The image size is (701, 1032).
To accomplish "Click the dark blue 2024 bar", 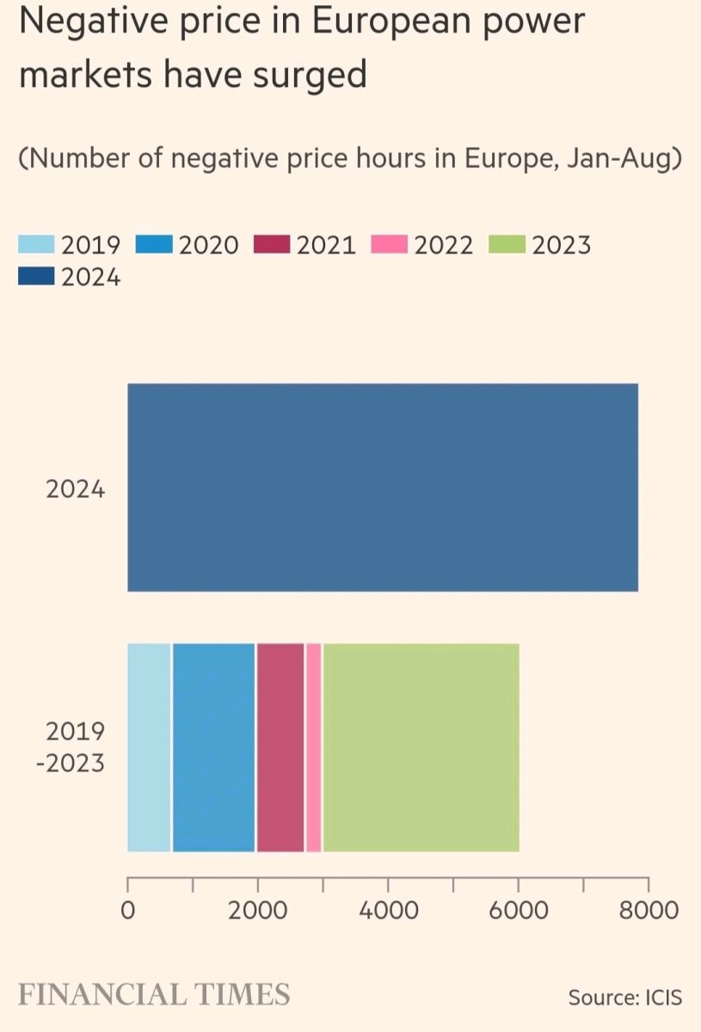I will (x=383, y=488).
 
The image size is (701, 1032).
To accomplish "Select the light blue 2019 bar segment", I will (x=149, y=747).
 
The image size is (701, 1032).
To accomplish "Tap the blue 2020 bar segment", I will (x=213, y=747).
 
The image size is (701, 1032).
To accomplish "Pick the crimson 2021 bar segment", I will (x=280, y=747).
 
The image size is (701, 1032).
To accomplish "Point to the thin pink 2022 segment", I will (x=314, y=747).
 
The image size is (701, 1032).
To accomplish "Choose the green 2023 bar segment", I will (x=421, y=747).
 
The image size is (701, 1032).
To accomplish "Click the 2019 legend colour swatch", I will (x=36, y=245).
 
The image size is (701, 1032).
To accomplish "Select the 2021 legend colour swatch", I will (x=272, y=245).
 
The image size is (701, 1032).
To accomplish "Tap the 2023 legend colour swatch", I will (x=507, y=245).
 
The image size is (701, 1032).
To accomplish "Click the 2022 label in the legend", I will (x=444, y=245).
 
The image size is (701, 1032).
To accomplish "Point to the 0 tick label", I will (x=127, y=909).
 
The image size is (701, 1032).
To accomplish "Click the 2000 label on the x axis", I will (x=257, y=909).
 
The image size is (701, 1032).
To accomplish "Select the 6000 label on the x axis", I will (x=518, y=909).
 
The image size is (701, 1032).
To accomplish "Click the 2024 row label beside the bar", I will (x=76, y=491).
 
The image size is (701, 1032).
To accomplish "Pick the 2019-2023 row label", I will (x=75, y=747).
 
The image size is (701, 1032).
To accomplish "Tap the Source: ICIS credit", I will (x=624, y=998).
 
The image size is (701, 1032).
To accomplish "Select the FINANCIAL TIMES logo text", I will (x=154, y=995).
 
